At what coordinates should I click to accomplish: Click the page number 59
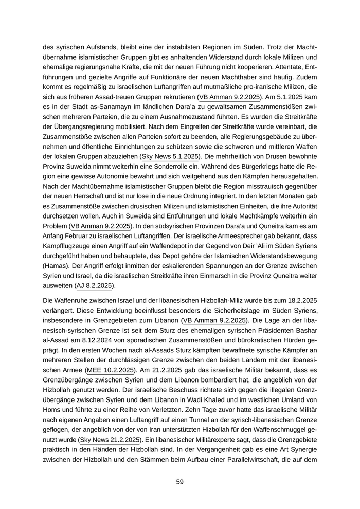point(179,482)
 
